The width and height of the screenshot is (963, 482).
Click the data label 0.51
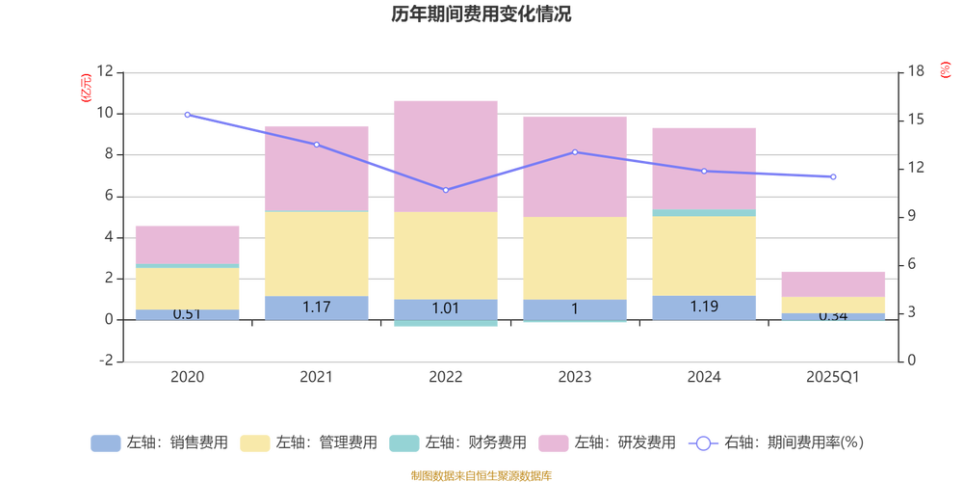point(187,313)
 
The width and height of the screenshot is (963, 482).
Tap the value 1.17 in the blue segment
point(316,307)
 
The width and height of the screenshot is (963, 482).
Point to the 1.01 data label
point(445,308)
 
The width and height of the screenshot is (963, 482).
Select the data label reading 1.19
point(703,307)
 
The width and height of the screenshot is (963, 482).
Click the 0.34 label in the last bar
point(833,316)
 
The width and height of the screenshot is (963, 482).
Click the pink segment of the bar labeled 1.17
point(316,167)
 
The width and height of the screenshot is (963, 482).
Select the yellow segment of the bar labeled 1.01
point(445,255)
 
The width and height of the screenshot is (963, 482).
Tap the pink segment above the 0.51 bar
point(187,244)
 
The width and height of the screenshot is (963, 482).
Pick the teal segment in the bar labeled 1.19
point(703,212)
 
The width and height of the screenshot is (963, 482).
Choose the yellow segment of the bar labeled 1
point(574,257)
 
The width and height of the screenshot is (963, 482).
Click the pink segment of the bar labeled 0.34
point(833,283)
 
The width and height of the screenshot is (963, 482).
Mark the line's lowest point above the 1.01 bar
point(445,190)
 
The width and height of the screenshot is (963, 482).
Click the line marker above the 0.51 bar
point(187,114)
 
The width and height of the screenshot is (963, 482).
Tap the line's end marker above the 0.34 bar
point(833,176)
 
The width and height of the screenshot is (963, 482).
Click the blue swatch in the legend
point(104,443)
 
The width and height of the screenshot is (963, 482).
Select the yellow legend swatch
point(254,443)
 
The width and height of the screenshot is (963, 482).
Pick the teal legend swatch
point(403,443)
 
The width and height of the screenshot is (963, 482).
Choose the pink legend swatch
point(553,443)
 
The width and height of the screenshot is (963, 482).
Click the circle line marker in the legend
point(703,443)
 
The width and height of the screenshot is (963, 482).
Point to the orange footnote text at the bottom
point(481,473)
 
